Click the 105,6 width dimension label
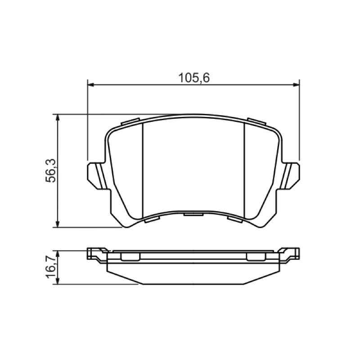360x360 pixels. pos(194,78)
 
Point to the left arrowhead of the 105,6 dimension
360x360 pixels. pos(91,85)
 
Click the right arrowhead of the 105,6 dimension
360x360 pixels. pos(297,85)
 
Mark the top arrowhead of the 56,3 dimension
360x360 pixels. pos(58,117)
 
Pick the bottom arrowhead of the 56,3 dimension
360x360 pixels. pos(58,224)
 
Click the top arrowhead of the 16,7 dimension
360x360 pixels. pos(58,254)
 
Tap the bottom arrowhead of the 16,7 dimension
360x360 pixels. pos(58,281)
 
